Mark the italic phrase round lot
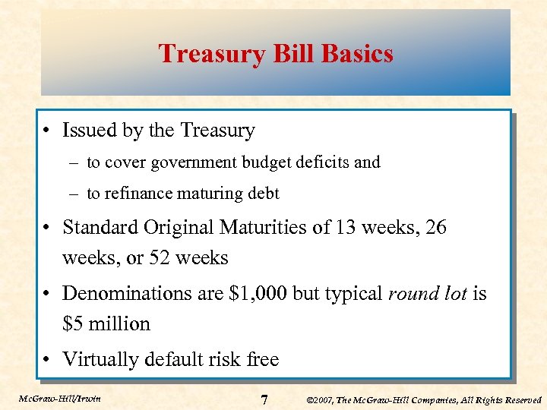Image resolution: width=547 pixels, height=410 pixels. point(427,293)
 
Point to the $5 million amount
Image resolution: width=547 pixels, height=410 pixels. point(106,323)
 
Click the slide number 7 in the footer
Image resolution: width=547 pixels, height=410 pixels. point(264,399)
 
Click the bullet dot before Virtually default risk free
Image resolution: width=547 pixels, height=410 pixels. point(47,359)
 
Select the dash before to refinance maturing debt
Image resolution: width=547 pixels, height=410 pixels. point(76,194)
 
